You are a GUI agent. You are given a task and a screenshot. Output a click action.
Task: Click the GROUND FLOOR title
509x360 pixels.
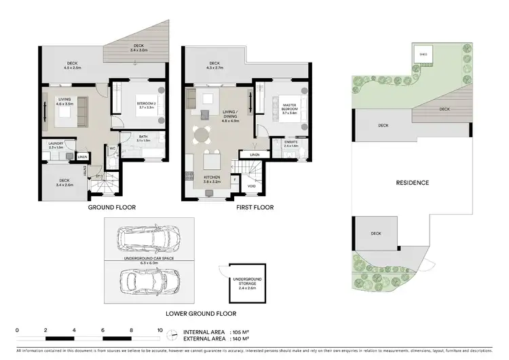112,208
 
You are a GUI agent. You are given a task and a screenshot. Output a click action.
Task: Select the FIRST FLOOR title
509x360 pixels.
256,208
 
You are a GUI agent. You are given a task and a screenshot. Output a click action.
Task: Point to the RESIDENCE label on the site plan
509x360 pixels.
413,183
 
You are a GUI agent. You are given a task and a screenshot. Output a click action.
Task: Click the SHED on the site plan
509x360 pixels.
422,55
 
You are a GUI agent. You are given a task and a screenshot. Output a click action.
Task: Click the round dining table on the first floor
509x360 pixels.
204,134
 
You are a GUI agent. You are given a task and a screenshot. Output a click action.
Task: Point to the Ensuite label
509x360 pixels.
290,143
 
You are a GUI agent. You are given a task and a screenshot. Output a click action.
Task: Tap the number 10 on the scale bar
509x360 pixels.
160,329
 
